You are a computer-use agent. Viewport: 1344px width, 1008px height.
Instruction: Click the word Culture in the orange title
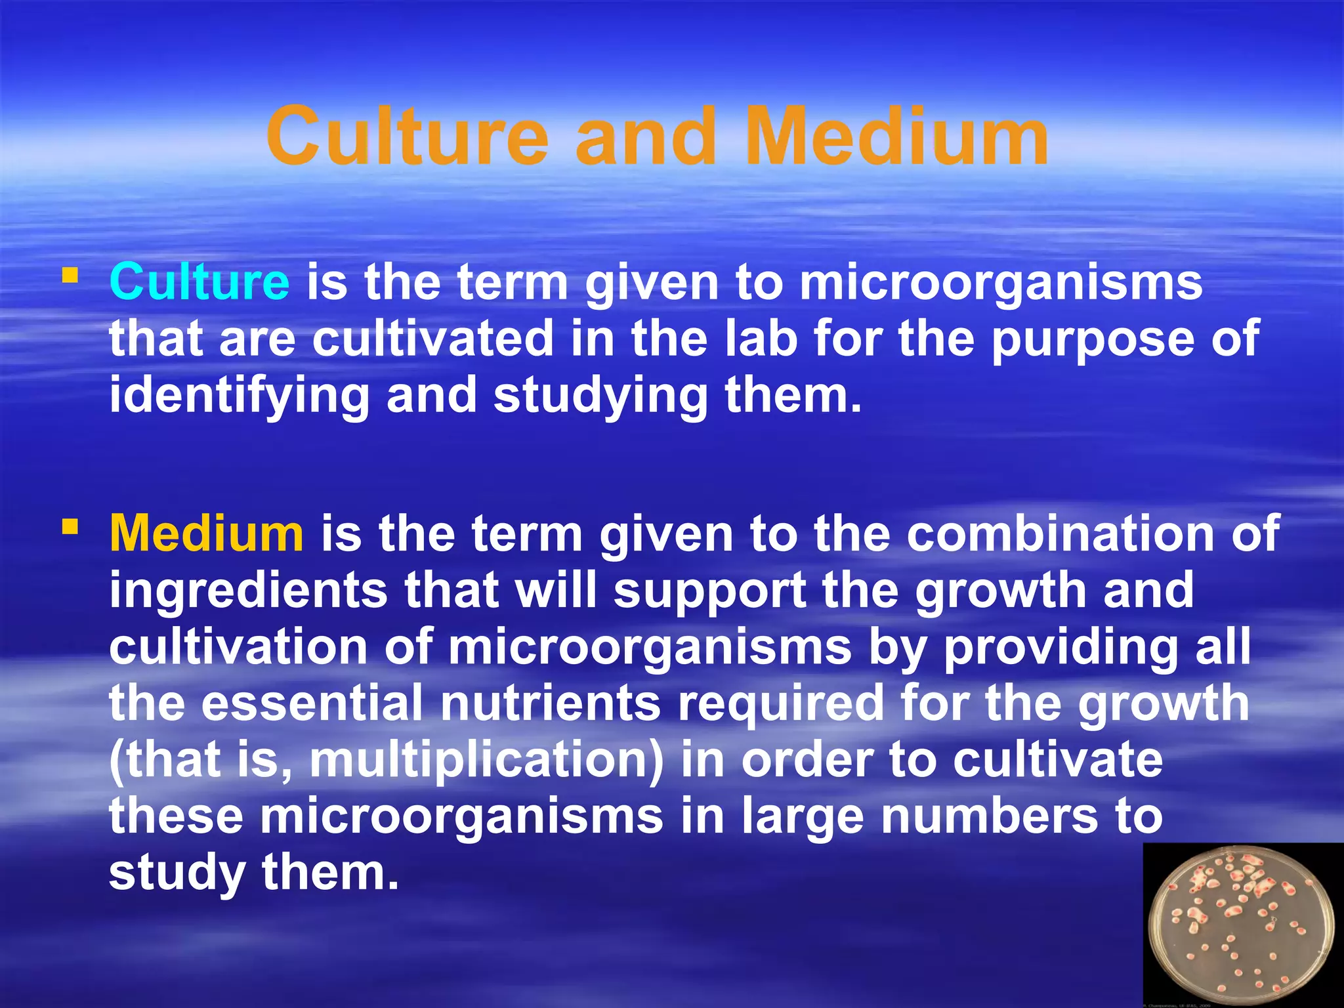tap(407, 136)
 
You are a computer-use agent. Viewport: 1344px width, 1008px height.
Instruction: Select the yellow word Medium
tap(206, 534)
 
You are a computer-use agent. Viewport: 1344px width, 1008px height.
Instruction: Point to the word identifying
tap(239, 396)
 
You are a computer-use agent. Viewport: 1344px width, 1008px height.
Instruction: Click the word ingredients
tap(248, 591)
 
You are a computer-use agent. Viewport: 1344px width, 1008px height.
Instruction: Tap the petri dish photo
tap(1242, 925)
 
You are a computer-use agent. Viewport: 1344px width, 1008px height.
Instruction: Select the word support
tap(709, 591)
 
